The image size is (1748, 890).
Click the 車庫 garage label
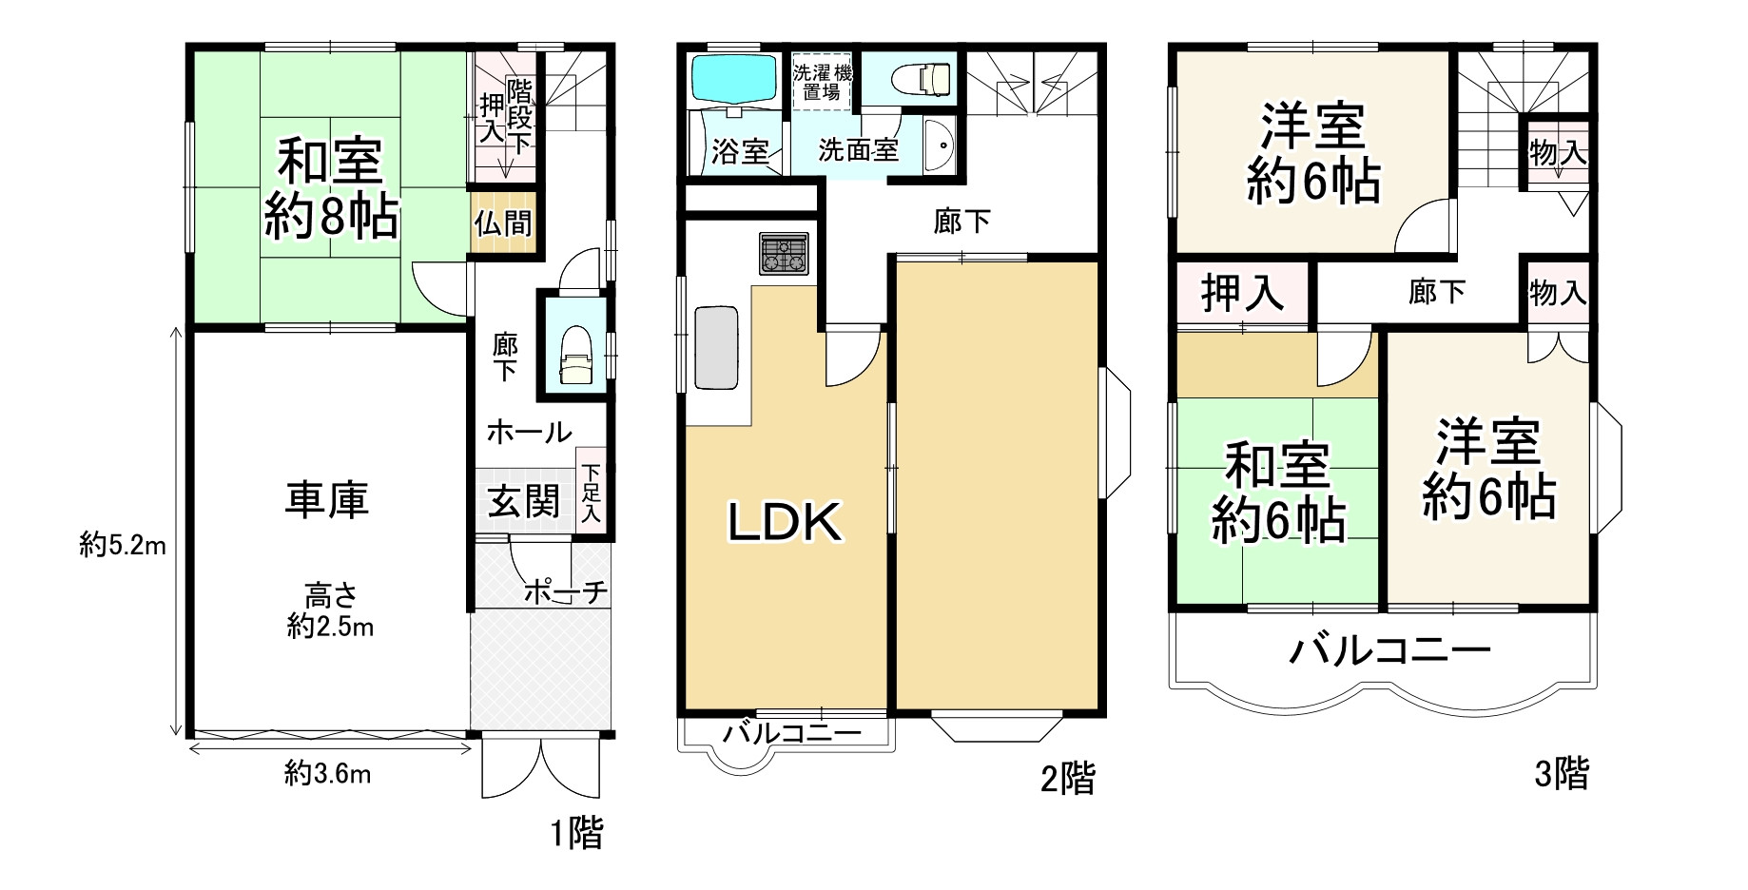tap(327, 500)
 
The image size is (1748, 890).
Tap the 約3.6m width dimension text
tap(328, 775)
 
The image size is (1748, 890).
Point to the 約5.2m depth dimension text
tap(123, 546)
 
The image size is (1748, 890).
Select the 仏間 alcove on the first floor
tap(503, 223)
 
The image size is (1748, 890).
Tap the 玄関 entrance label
tap(523, 501)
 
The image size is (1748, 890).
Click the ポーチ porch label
tap(565, 592)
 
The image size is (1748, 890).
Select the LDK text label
tap(785, 523)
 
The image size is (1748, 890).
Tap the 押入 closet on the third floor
tap(1242, 293)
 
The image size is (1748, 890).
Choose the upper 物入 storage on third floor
tap(1557, 152)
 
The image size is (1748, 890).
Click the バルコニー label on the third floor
tap(1389, 652)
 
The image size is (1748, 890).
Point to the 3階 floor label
tap(1561, 775)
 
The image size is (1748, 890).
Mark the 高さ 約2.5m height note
tap(330, 611)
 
